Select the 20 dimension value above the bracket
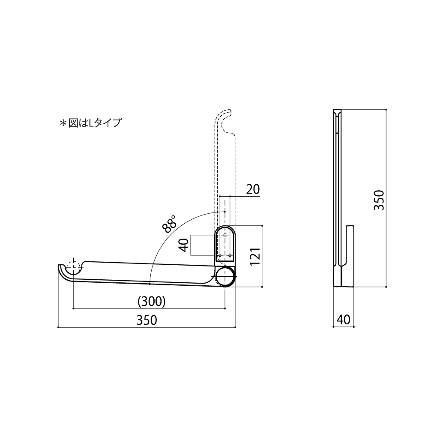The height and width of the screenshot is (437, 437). click(253, 189)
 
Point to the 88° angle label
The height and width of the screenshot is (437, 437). click(170, 224)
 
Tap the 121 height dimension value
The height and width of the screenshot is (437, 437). click(255, 256)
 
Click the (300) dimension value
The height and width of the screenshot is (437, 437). click(152, 301)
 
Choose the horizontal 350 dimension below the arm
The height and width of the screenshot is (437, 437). click(147, 320)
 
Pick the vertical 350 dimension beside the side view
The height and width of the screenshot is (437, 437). click(379, 200)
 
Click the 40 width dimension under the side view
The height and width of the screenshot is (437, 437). click(343, 319)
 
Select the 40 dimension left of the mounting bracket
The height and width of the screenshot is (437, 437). click(183, 245)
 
